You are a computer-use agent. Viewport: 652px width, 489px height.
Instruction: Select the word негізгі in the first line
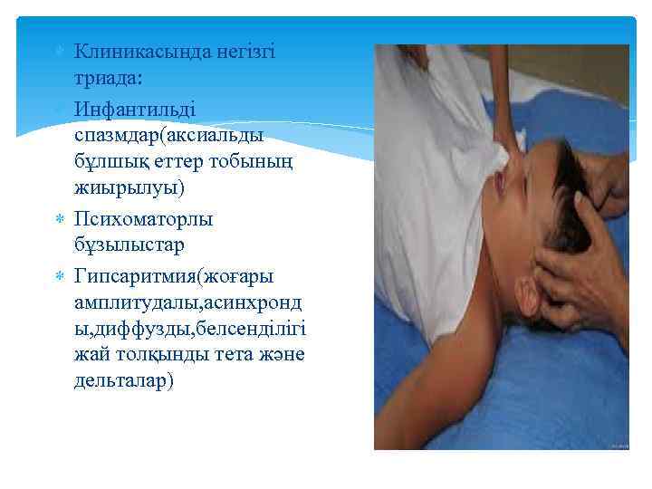(245, 53)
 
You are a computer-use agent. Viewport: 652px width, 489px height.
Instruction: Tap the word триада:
(108, 79)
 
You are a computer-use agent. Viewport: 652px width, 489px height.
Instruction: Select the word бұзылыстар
(129, 245)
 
